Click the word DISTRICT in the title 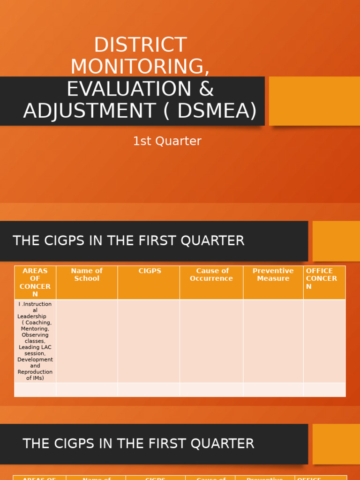(140, 45)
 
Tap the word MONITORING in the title (140, 67)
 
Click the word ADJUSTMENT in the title (89, 111)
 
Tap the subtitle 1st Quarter (167, 141)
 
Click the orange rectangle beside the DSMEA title (314, 101)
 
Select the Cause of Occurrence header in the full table (211, 275)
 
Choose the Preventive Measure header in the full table (273, 275)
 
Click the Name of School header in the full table (87, 275)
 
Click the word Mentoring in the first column (35, 329)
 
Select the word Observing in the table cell (35, 335)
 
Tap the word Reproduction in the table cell (35, 372)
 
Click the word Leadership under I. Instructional (32, 316)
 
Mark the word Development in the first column (35, 360)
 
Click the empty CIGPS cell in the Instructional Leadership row (149, 341)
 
